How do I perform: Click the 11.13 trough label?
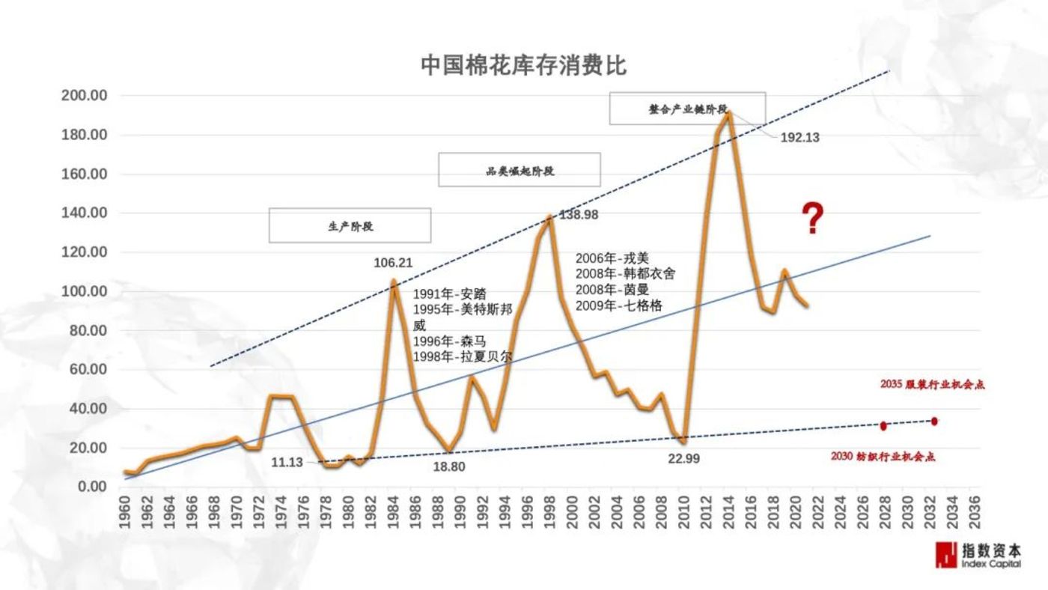(287, 463)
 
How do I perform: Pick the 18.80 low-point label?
(449, 466)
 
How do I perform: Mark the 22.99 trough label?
(683, 459)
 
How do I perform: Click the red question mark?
(813, 219)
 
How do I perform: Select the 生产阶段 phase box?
(350, 225)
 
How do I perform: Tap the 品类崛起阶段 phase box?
(520, 170)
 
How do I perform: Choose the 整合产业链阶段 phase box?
(687, 109)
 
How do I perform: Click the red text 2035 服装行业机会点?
(932, 385)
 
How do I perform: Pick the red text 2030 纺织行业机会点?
(883, 456)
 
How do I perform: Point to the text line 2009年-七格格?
(618, 305)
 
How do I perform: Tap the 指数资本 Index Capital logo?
(978, 555)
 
